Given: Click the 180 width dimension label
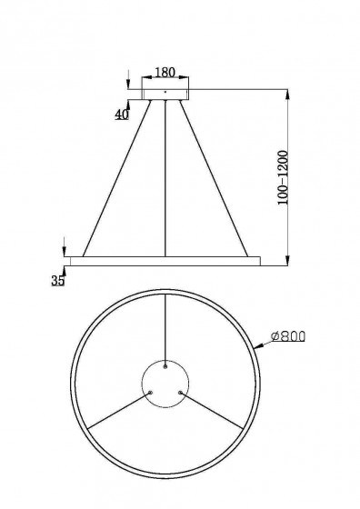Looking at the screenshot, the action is (x=165, y=73).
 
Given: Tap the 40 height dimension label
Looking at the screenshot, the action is (x=122, y=115).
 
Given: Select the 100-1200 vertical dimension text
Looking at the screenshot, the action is (x=283, y=177).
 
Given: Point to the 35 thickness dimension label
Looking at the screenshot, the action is (x=58, y=280).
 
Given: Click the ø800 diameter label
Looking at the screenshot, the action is (x=289, y=336).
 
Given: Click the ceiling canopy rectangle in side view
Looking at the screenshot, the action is (x=165, y=95).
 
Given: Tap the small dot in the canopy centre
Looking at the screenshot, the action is (x=165, y=92).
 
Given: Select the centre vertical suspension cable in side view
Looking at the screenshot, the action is (x=165, y=178).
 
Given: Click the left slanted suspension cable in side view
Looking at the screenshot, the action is (x=117, y=178).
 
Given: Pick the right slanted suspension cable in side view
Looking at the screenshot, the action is (x=214, y=178).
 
